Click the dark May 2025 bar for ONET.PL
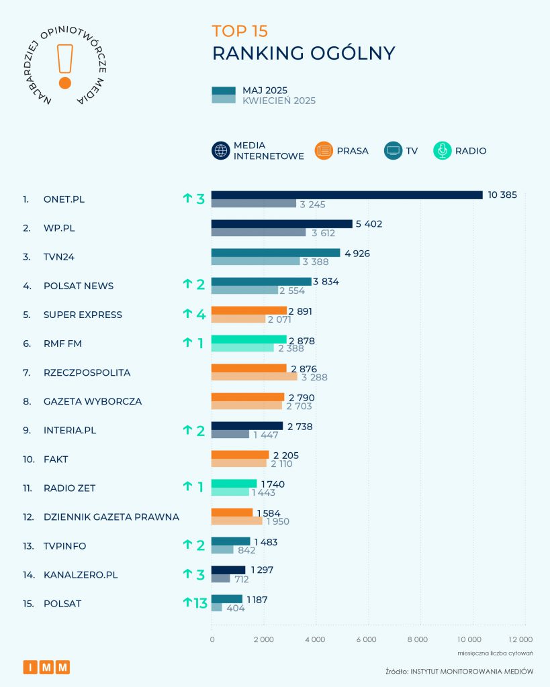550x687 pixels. (347, 195)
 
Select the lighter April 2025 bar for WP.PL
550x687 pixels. (259, 232)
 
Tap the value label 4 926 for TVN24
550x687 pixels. (356, 253)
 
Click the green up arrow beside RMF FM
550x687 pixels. (187, 343)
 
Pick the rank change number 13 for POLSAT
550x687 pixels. (200, 603)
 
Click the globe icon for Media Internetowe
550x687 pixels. (221, 151)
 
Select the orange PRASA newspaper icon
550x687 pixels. (324, 151)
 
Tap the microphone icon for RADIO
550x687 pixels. (443, 151)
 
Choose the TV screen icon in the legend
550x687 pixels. (393, 151)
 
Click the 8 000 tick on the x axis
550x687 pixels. (418, 639)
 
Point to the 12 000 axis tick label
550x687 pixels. (520, 639)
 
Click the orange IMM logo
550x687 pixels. (46, 667)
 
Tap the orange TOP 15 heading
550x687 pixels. (240, 31)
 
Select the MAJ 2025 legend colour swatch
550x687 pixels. (223, 91)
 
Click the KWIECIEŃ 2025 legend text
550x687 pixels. (279, 101)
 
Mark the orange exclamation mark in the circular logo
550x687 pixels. (65, 66)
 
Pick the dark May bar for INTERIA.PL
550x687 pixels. (247, 425)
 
